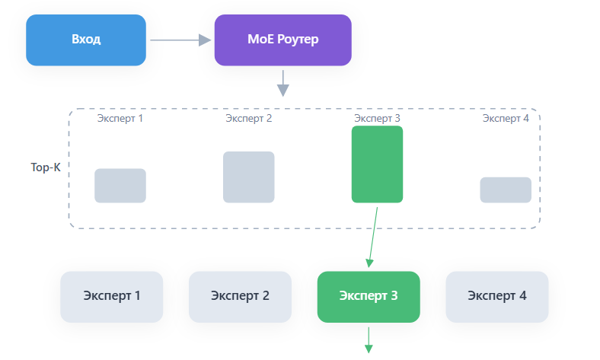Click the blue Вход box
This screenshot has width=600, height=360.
pos(86,40)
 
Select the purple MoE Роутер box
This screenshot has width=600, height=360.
pos(282,40)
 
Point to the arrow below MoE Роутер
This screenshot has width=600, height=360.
pos(283,84)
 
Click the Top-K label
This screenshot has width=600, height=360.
pos(45,167)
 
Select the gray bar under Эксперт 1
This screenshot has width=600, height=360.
pos(120,186)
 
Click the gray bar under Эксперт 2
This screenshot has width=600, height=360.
pos(248,177)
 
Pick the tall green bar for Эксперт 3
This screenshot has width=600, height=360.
pos(377,164)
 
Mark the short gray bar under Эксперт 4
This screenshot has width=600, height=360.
pos(506,190)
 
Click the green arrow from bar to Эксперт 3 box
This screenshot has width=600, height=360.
pos(373,236)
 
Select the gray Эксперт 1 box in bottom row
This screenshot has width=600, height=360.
pos(112,296)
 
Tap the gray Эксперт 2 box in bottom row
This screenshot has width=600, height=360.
pos(240,296)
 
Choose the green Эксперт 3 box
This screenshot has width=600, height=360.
pos(369,296)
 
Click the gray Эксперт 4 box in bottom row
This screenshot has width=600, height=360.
pos(496,296)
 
